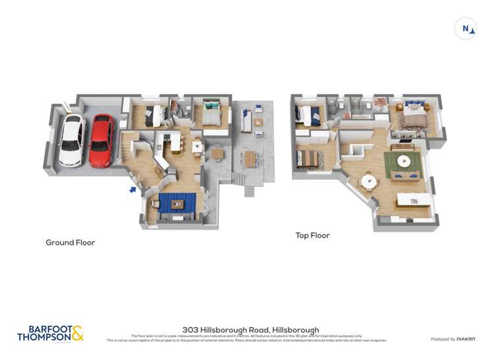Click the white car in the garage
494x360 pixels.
click(72, 140)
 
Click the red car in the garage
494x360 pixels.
click(101, 140)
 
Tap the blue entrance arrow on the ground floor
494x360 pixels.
click(133, 190)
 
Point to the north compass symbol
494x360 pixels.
click(466, 28)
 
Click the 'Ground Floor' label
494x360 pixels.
click(70, 243)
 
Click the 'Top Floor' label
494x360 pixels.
click(313, 235)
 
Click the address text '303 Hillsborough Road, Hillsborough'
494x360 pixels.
click(250, 330)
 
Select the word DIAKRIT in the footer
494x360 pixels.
click(464, 339)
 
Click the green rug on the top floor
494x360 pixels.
click(402, 163)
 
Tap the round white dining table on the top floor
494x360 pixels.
click(368, 182)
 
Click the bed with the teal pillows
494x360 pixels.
click(211, 113)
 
